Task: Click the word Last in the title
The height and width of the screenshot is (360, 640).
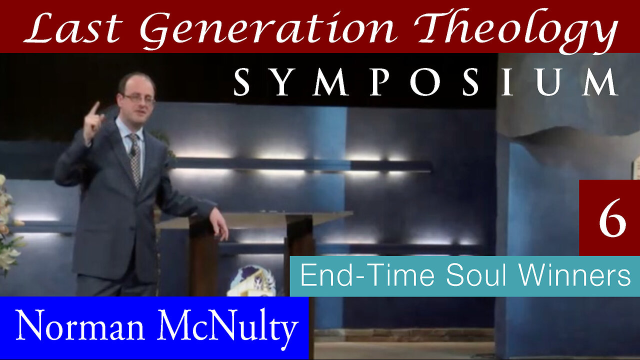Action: [x=73, y=27]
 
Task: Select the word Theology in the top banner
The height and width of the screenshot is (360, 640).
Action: [x=516, y=30]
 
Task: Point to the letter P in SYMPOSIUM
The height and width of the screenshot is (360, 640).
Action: [x=381, y=82]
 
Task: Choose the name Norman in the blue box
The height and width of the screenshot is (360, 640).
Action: [x=80, y=325]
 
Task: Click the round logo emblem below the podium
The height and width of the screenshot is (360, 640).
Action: [x=251, y=281]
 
